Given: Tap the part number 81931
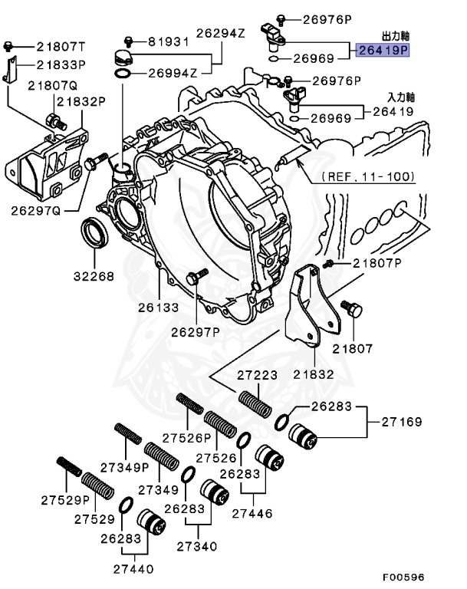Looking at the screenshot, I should pyautogui.click(x=168, y=41).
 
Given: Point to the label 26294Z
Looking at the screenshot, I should pyautogui.click(x=220, y=33).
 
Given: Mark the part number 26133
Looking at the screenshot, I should pyautogui.click(x=159, y=308).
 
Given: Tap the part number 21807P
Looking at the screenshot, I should pyautogui.click(x=377, y=263).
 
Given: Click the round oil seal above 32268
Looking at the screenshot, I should pyautogui.click(x=94, y=232).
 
